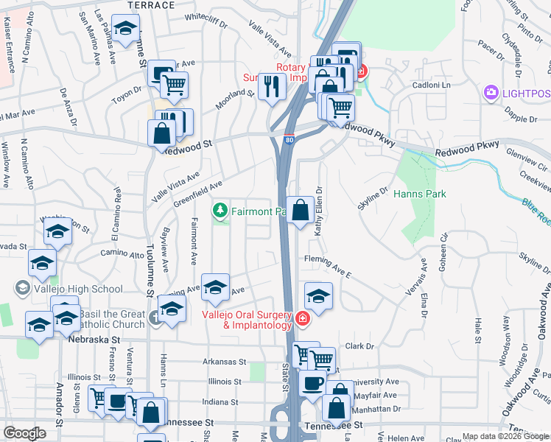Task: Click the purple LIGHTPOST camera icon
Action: point(491,92)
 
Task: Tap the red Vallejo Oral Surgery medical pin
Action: point(302,319)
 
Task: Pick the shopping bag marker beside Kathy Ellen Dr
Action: point(300,211)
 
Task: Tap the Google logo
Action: point(25,432)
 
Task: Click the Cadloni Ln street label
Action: point(431,85)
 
